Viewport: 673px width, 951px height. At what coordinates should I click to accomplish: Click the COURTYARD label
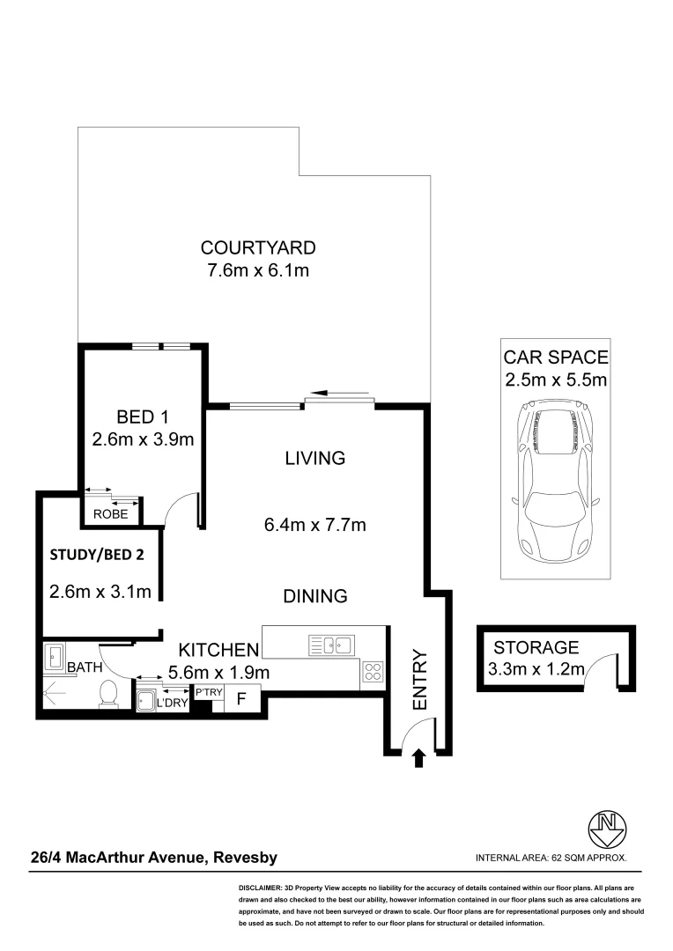coord(257,247)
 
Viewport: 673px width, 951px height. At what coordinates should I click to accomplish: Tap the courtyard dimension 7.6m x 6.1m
coord(257,270)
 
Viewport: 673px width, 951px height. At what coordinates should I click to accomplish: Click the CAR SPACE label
coord(556,358)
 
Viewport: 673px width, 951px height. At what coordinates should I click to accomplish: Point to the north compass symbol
coord(607,828)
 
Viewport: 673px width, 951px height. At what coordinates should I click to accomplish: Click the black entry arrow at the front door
coord(418,757)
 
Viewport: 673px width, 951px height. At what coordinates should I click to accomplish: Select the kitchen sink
coord(330,645)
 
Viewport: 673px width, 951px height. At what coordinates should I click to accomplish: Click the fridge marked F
coord(241,702)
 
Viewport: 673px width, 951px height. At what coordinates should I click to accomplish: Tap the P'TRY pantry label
coord(209,693)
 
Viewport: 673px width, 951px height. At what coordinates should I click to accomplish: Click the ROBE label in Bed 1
coord(111,514)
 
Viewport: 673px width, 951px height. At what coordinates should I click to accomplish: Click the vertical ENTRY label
coord(419,681)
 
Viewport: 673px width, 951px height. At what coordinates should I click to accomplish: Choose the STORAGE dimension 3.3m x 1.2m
coord(536,670)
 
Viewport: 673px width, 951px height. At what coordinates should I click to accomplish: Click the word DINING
coord(314,596)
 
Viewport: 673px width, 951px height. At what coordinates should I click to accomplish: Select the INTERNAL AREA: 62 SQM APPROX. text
coord(551,858)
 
